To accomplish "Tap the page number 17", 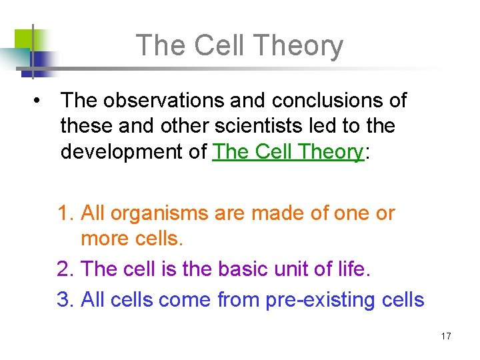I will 446,336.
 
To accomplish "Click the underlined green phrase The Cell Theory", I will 287,151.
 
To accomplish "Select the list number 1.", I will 64,213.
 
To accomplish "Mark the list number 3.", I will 64,300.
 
